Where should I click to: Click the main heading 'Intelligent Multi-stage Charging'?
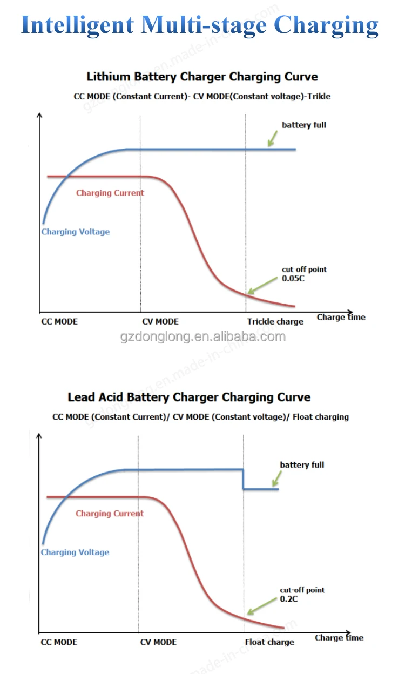[x=200, y=25]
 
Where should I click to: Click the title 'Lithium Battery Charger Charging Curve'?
[x=202, y=77]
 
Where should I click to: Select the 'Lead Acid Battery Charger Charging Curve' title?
[x=189, y=397]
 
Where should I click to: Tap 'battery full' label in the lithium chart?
[x=304, y=125]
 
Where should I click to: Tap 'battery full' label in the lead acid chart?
[x=302, y=465]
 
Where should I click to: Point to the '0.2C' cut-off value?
[x=288, y=599]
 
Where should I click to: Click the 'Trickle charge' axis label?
[x=275, y=321]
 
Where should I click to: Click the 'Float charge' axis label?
[x=269, y=642]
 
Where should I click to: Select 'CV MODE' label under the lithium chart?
[x=160, y=321]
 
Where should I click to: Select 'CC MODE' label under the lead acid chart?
[x=59, y=642]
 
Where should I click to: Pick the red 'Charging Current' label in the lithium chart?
[x=110, y=193]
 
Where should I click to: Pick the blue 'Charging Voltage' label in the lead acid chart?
[x=75, y=552]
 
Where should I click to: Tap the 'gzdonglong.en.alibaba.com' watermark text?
[x=202, y=337]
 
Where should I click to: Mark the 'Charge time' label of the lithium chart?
[x=341, y=317]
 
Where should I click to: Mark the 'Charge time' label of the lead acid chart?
[x=339, y=638]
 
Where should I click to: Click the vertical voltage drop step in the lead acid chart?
[x=244, y=479]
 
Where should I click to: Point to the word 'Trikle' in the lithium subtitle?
[x=319, y=96]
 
